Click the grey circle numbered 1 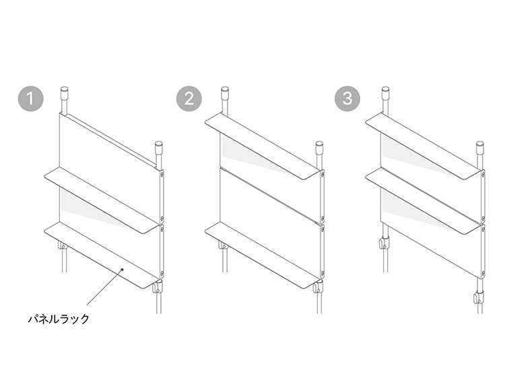pos(30,98)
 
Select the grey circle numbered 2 pos(189,98)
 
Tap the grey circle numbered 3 pos(347,98)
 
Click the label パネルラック pos(59,319)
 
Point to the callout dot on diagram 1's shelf pos(122,269)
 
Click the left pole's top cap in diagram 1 pos(65,92)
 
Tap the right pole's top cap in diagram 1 pos(159,147)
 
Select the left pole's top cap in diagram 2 pos(225,92)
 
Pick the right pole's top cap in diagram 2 pos(319,147)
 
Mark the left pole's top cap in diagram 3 pos(385,92)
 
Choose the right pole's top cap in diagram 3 pos(480,147)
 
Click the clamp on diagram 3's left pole pos(384,243)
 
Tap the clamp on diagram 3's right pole pos(479,297)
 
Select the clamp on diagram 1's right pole pos(157,287)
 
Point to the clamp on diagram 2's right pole pos(318,287)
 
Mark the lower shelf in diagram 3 pos(423,200)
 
